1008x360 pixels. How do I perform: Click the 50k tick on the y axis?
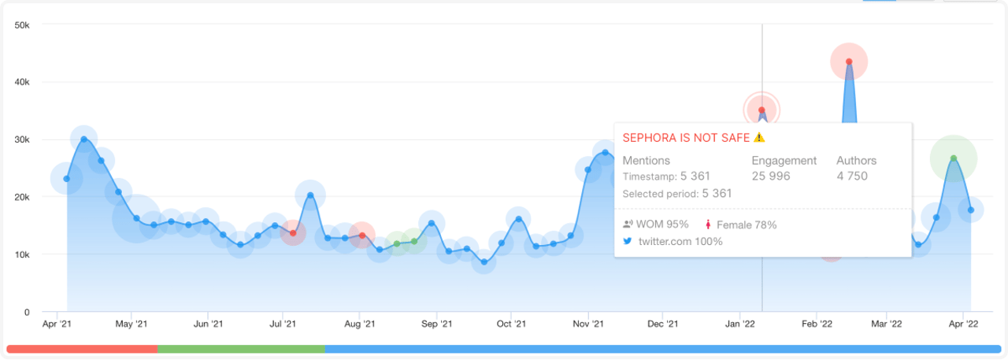[x=21, y=24]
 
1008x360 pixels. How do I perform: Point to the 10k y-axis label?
[x=21, y=254]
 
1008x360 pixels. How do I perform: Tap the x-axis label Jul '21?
[x=283, y=324]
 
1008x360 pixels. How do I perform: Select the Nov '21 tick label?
[x=588, y=324]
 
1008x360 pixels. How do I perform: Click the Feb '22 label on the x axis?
[x=817, y=324]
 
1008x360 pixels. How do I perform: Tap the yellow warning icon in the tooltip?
[x=759, y=137]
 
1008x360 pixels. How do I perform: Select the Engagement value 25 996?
[x=771, y=176]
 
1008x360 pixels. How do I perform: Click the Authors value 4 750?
[x=852, y=176]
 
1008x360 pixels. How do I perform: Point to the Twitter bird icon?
[x=628, y=241]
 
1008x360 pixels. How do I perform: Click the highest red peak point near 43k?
[x=848, y=61]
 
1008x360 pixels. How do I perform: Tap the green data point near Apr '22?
[x=954, y=158]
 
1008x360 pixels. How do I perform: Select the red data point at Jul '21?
[x=293, y=233]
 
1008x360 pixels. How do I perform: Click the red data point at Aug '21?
[x=361, y=236]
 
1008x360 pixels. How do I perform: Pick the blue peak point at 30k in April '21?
[x=83, y=139]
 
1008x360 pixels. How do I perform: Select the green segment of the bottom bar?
[x=241, y=348]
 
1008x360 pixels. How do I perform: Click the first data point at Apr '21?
[x=66, y=179]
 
